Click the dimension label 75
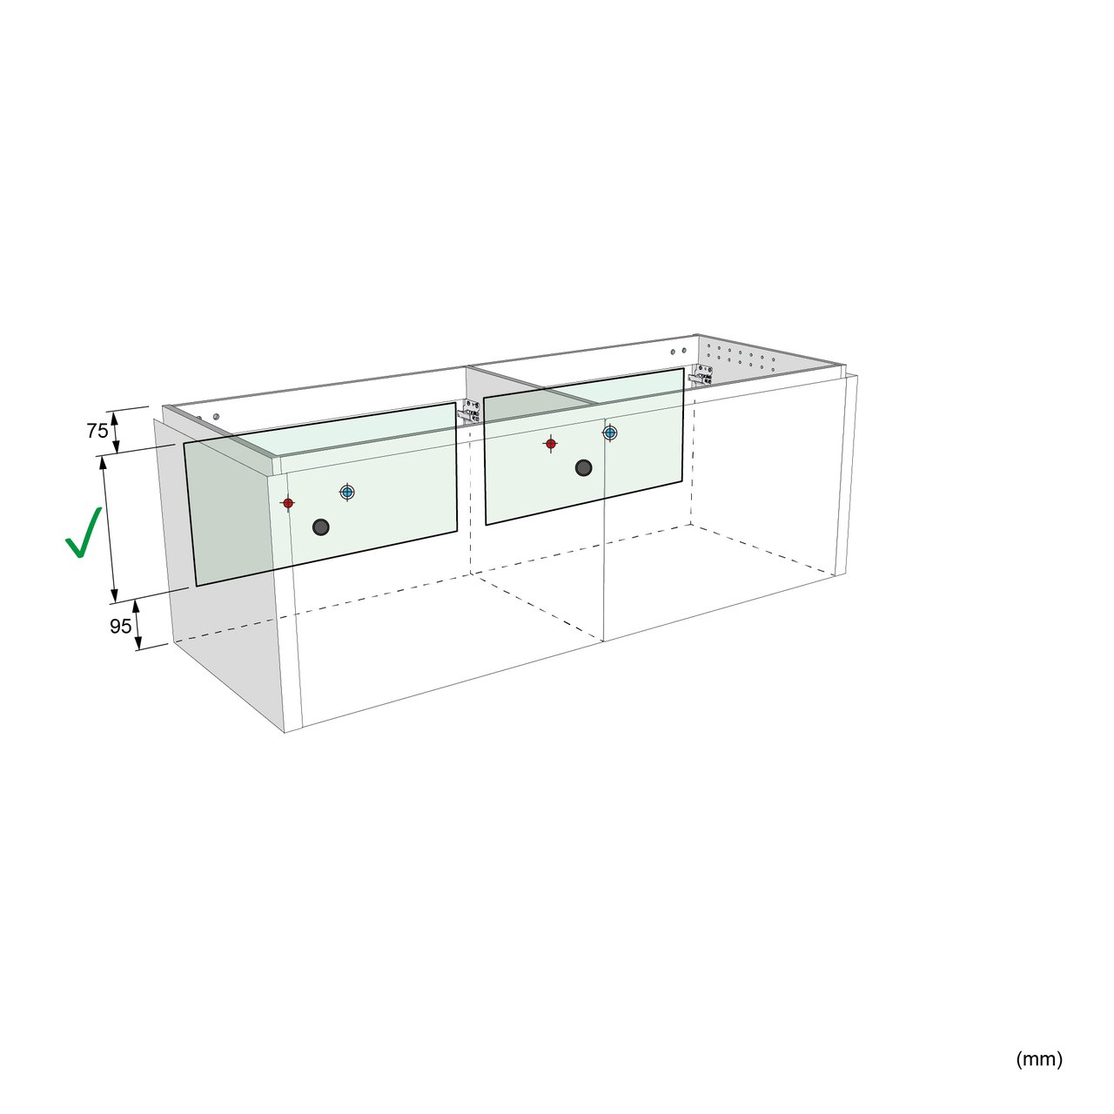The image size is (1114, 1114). click(97, 431)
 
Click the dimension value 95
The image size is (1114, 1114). click(121, 626)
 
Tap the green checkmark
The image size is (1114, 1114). click(84, 533)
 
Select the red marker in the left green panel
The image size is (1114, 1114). click(288, 503)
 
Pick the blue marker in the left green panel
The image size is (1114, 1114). click(347, 493)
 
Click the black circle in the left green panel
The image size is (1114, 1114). click(321, 527)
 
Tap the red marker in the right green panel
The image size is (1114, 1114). click(551, 444)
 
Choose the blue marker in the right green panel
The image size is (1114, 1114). click(610, 432)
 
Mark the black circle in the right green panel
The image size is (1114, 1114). click(584, 467)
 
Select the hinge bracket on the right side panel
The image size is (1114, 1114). click(701, 376)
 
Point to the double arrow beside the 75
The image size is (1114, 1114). click(115, 432)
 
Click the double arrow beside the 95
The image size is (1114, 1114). click(138, 624)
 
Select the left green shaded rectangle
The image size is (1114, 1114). click(321, 494)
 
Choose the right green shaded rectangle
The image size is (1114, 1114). click(585, 446)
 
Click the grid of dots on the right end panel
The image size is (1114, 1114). click(742, 359)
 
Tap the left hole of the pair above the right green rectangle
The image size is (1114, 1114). click(673, 352)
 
